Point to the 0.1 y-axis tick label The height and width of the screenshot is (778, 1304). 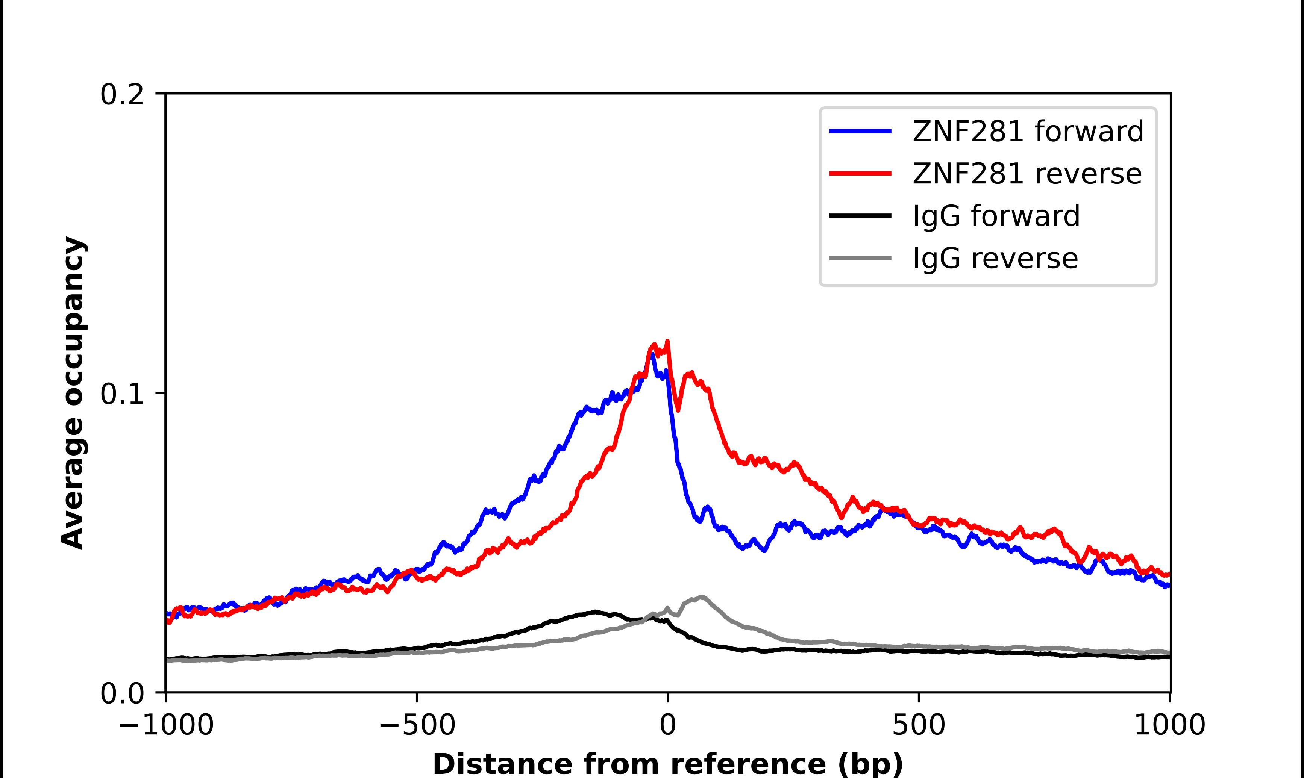122,394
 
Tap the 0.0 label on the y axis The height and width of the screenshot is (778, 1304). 122,693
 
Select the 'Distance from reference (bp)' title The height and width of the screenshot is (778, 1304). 667,764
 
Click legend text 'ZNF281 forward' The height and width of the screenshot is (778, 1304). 1028,131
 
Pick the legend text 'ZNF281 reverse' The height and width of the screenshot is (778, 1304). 1027,174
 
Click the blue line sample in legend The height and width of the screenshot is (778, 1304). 860,131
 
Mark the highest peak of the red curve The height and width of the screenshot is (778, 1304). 667,342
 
